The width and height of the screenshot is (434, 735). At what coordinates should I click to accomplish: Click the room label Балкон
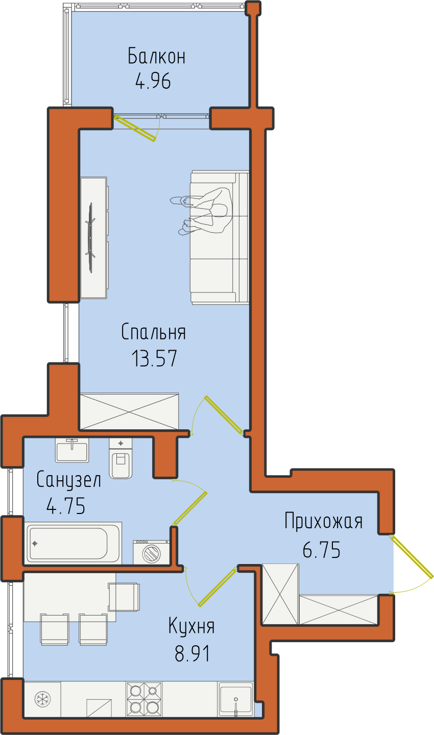pos(156,56)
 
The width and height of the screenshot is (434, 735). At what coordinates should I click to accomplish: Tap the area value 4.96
pos(153,81)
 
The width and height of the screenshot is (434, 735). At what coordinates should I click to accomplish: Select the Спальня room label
pos(153,332)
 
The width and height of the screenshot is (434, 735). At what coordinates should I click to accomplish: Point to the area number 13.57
pos(154,358)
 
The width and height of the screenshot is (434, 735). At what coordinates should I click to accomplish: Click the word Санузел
pos(68,479)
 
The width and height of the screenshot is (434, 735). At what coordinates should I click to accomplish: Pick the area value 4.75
pos(66,506)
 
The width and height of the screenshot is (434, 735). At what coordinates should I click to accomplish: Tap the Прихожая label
pos(323,521)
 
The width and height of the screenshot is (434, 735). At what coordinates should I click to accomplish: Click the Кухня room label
pos(191,626)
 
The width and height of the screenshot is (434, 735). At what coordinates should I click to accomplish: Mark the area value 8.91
pos(191,653)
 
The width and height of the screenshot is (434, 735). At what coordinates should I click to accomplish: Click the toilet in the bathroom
pos(121,458)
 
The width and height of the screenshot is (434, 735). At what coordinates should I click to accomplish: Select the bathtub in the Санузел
pos(73,543)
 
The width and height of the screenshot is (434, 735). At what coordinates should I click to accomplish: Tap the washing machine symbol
pos(151,552)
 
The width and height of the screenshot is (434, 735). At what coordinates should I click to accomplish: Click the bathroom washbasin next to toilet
pos(72,451)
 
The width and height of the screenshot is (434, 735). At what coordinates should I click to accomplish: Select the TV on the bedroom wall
pos(90,237)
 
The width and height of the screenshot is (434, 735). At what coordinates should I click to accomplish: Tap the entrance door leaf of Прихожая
pos(412,556)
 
